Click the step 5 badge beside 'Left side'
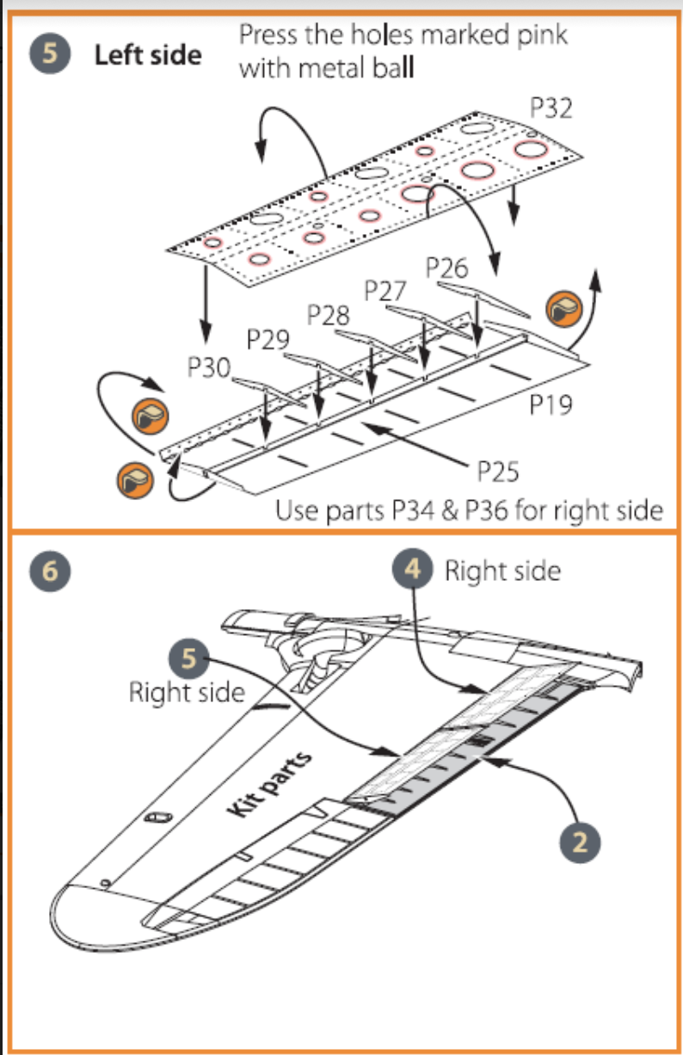48,55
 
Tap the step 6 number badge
48,573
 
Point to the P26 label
447,268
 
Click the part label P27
385,291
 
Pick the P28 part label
329,315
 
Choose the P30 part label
209,368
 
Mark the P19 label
551,404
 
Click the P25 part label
498,472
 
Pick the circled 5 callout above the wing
188,660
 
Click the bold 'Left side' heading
147,55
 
